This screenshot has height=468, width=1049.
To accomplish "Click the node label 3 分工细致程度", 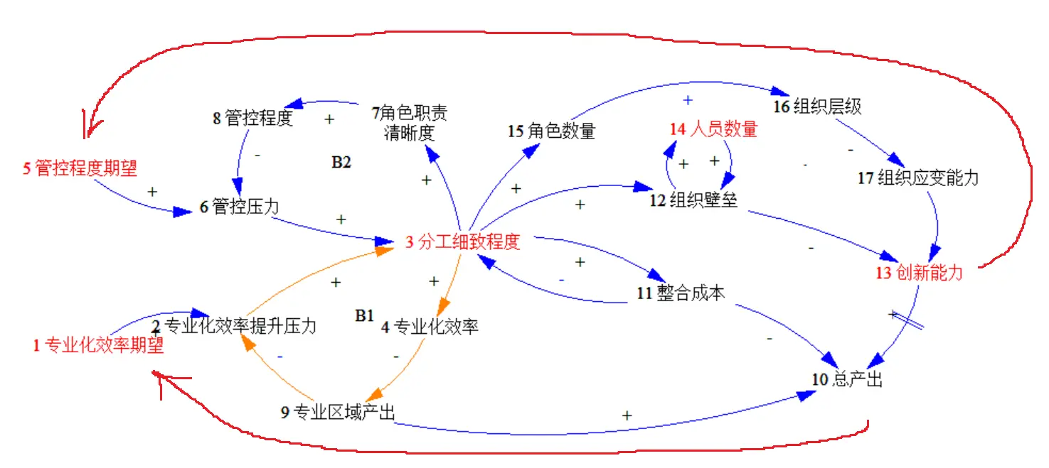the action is (x=463, y=241).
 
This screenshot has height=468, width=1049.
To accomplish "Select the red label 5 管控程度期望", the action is (x=80, y=168).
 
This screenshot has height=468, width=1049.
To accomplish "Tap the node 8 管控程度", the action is (x=252, y=118).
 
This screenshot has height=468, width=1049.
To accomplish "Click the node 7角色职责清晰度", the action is (x=410, y=123).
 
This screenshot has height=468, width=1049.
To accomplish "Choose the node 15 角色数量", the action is (x=551, y=131).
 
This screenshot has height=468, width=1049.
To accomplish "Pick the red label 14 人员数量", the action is (x=713, y=129).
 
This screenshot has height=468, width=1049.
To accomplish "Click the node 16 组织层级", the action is (x=818, y=107).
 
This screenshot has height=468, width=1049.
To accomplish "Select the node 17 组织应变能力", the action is (x=917, y=178).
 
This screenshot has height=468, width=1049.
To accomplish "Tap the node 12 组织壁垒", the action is (x=693, y=200).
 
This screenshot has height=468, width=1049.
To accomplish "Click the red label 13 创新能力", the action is (x=919, y=273).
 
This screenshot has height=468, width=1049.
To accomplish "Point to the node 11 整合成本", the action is (x=681, y=292).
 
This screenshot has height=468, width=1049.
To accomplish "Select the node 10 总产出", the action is (x=847, y=379).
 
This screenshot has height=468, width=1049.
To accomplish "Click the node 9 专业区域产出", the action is (x=338, y=412).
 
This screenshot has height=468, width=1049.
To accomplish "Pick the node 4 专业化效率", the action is (x=430, y=327).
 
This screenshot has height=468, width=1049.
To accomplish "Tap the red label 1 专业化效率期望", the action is (x=98, y=346).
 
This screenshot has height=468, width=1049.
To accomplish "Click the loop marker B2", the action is (x=341, y=162).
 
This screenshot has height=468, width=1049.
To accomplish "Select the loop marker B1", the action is (x=364, y=315).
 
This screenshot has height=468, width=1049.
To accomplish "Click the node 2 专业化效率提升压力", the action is (x=235, y=326).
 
